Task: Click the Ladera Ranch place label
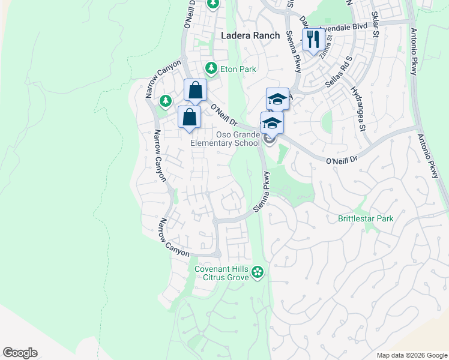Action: point(250,35)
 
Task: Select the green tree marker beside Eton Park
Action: point(210,67)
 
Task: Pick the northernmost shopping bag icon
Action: point(195,91)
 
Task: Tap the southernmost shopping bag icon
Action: point(189,117)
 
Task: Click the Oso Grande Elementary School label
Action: point(225,139)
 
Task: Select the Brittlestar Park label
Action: point(366,218)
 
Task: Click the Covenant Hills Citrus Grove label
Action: point(221,273)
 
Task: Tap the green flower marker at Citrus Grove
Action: point(258,272)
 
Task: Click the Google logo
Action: point(20,353)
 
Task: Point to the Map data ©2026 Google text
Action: point(411,355)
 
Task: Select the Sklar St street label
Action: point(375,24)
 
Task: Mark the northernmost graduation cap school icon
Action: point(277,98)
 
